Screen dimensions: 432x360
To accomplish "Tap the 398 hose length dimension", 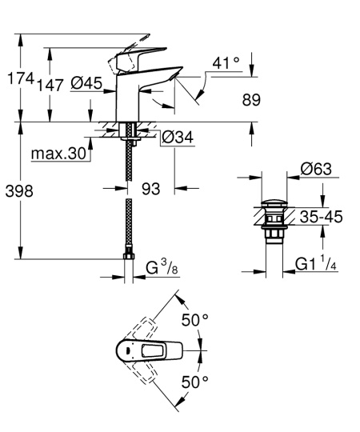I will (x=18, y=193).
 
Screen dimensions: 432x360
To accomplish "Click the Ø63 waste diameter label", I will (x=315, y=169).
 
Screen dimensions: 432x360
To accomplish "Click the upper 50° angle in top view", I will (x=194, y=320).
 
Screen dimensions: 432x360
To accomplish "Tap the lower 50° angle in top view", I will (x=194, y=382).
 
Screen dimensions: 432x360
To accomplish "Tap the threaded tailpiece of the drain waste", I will (x=273, y=234).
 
